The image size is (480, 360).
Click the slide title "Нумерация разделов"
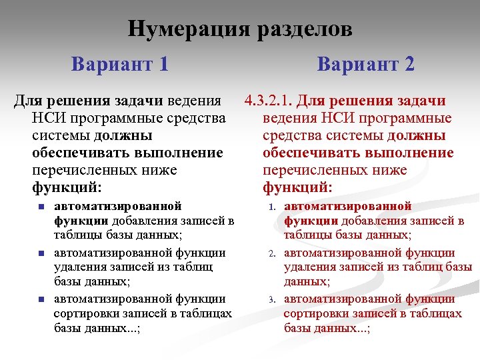click(x=240, y=29)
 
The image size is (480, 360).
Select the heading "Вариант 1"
click(x=120, y=64)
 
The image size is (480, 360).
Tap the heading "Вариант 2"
click(x=365, y=64)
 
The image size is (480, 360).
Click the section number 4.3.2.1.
click(x=269, y=101)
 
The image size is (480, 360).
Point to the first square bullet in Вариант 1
click(x=41, y=207)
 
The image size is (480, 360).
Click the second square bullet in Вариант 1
click(x=41, y=253)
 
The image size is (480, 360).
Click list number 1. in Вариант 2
click(x=272, y=207)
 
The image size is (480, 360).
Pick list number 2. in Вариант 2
click(x=272, y=253)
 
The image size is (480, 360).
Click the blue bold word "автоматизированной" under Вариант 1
click(x=117, y=207)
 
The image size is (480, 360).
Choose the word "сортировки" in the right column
click(x=317, y=314)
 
